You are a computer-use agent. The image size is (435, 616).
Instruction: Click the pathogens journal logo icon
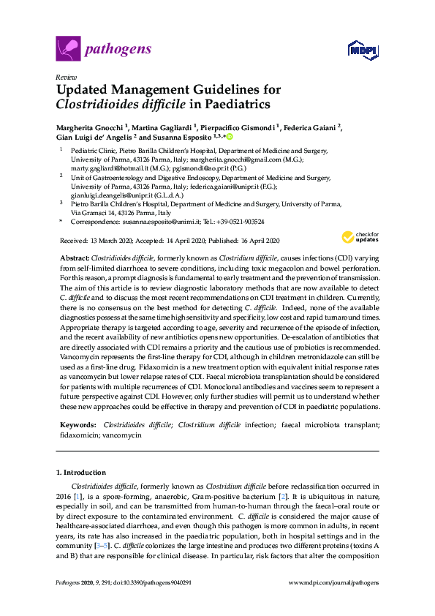(67, 49)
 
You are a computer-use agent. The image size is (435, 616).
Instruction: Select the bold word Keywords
(76, 424)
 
